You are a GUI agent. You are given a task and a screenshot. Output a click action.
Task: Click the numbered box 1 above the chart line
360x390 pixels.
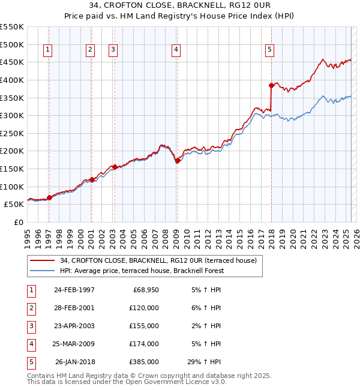(x=48, y=50)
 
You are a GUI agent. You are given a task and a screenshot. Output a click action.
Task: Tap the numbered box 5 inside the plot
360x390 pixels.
(x=270, y=50)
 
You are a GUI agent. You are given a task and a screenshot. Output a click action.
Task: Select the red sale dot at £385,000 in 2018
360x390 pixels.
(x=271, y=85)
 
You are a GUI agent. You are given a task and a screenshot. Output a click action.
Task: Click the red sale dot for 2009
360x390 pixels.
(x=178, y=160)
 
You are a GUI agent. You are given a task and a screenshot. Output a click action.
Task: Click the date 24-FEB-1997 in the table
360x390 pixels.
(x=74, y=290)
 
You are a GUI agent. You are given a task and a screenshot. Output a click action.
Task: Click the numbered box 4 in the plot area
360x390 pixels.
(x=176, y=50)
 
